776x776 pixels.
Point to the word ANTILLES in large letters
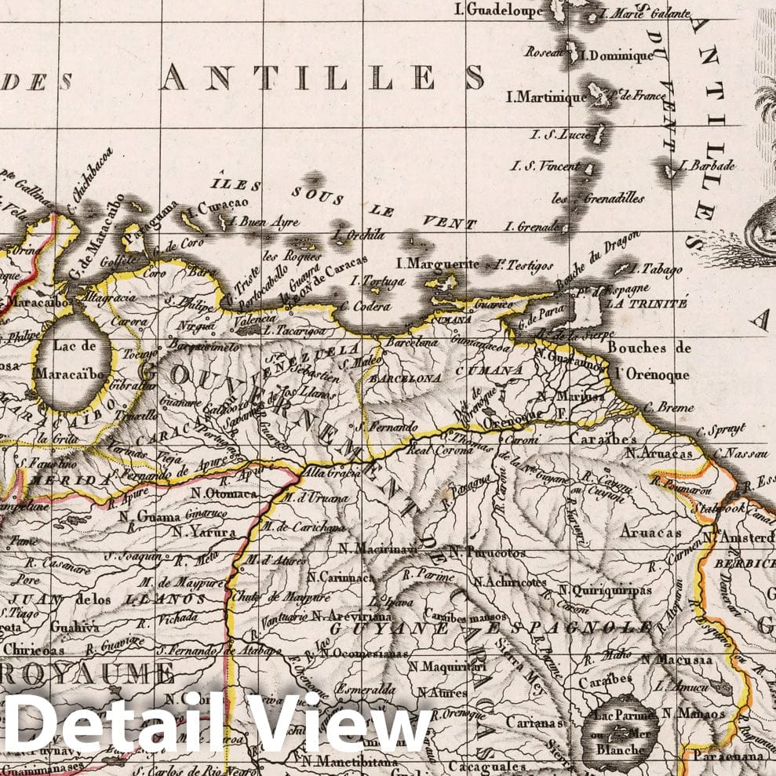322,78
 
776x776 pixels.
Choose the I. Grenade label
531,227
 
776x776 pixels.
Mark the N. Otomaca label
222,494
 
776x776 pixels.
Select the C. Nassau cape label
741,454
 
